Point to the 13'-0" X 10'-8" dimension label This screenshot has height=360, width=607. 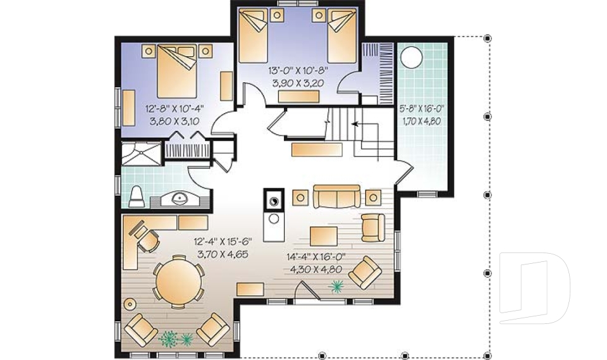coord(296,70)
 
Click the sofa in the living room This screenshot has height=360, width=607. coord(337,197)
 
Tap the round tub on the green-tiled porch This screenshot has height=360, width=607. coord(412,58)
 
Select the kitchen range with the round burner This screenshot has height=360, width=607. coord(274,201)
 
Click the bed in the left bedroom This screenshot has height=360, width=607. coord(177,71)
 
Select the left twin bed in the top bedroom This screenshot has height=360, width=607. coord(254,35)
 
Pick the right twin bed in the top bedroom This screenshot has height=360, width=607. coord(342,35)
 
